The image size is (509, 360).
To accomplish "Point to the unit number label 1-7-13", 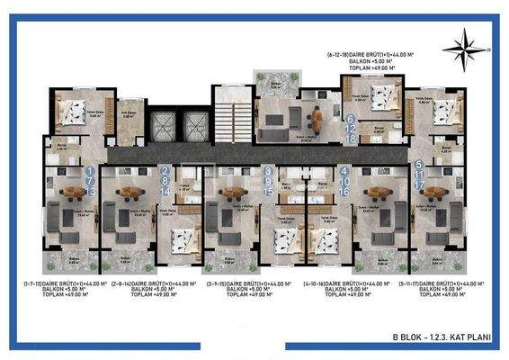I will tap(89, 180).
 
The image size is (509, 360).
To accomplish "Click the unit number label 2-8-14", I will tap(165, 180).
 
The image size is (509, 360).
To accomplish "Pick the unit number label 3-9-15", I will tap(267, 180).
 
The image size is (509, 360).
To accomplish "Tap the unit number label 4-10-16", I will tap(345, 180).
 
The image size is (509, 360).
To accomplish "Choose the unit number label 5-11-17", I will tap(419, 176).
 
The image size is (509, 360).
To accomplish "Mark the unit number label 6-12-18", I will tap(351, 129).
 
